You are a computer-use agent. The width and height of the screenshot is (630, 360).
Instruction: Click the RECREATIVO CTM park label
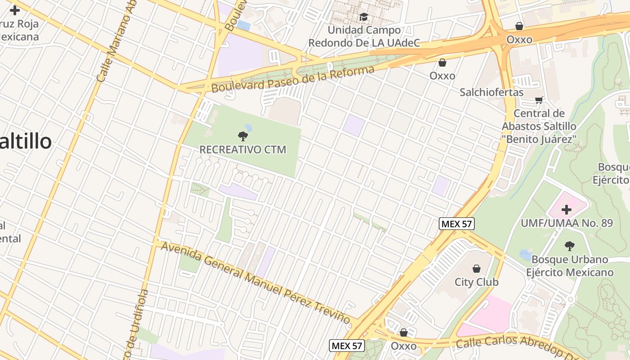243,149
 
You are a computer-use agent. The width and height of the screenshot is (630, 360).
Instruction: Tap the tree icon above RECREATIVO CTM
243,136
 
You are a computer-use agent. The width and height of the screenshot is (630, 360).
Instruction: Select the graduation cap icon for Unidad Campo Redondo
364,17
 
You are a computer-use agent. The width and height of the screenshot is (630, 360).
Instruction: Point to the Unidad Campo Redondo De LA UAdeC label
364,36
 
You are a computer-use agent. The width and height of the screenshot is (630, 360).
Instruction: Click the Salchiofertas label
491,92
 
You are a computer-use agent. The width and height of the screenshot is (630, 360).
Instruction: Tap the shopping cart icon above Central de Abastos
539,99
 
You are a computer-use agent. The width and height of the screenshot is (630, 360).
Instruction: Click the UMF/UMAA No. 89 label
567,223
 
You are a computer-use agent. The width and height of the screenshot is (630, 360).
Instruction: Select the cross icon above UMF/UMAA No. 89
567,209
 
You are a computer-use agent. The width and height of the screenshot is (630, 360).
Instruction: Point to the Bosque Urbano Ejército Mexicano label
570,266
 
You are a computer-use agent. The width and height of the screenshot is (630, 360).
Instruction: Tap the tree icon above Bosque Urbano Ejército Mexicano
569,246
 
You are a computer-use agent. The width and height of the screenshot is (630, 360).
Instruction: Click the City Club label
477,282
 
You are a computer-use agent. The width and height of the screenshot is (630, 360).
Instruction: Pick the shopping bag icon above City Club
477,269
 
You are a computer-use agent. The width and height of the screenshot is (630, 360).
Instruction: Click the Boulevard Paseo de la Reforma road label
292,79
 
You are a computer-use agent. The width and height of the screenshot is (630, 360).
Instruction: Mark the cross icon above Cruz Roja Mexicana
15,10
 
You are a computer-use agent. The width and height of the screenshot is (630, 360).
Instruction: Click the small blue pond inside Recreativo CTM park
247,128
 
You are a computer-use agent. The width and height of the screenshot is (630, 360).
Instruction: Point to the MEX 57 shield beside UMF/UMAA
457,224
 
